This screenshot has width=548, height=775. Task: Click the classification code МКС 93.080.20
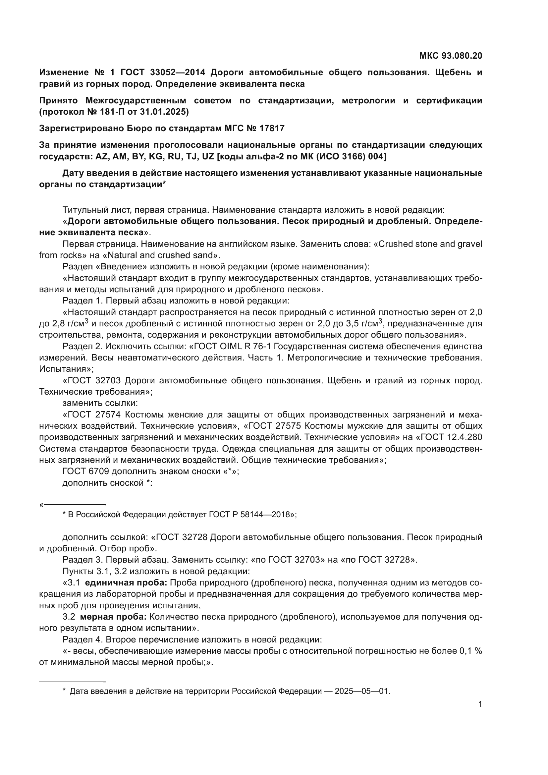[x=451, y=56]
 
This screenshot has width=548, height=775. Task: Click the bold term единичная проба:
[x=126, y=583]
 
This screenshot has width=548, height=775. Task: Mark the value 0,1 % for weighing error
[x=470, y=651]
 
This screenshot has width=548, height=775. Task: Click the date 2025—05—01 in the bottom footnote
[x=362, y=691]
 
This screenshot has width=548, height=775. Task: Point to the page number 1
[x=480, y=704]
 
